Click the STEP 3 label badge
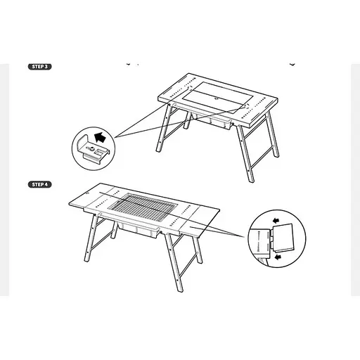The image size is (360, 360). pos(39,67)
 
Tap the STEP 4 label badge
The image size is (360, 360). pos(39,184)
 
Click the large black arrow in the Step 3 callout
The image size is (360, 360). pos(99,137)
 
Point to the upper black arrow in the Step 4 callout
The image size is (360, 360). pos(276,221)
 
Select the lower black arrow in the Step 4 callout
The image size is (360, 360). pos(278,257)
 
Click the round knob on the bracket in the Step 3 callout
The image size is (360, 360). pos(92,148)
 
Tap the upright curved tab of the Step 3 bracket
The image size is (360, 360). pos(82,143)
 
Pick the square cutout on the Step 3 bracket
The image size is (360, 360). pos(99,152)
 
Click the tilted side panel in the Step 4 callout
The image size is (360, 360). pos(283,238)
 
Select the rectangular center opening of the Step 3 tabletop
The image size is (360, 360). pos(217,98)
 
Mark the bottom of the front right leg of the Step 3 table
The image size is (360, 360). pos(251,180)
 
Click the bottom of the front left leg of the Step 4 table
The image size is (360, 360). pos(86,259)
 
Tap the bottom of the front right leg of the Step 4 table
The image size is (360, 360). pos(180,290)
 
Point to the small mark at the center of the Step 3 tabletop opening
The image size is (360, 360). pos(217,98)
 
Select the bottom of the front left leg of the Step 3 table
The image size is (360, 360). pos(159,150)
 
